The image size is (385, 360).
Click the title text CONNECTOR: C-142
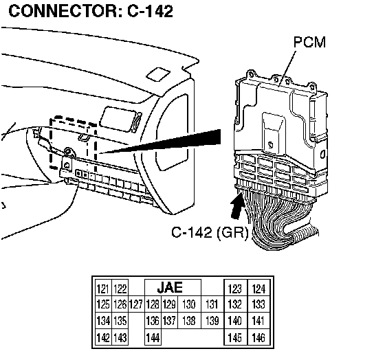91,11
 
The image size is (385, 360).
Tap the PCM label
309,42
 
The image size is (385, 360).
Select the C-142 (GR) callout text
210,232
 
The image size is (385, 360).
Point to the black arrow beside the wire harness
238,205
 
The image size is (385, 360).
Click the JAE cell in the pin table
170,287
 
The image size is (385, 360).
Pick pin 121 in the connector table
103,289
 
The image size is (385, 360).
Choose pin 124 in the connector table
258,289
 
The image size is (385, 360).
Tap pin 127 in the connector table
136,304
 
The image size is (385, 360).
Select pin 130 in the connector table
189,304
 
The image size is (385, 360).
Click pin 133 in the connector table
258,304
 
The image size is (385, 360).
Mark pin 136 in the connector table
153,320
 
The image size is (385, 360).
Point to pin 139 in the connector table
212,320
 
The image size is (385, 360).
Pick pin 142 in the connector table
103,337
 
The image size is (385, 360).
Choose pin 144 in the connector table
153,337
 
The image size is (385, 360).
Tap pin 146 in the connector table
258,337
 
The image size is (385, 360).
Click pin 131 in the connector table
212,304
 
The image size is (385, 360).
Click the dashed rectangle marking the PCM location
50,142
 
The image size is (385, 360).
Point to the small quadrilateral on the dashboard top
158,75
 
